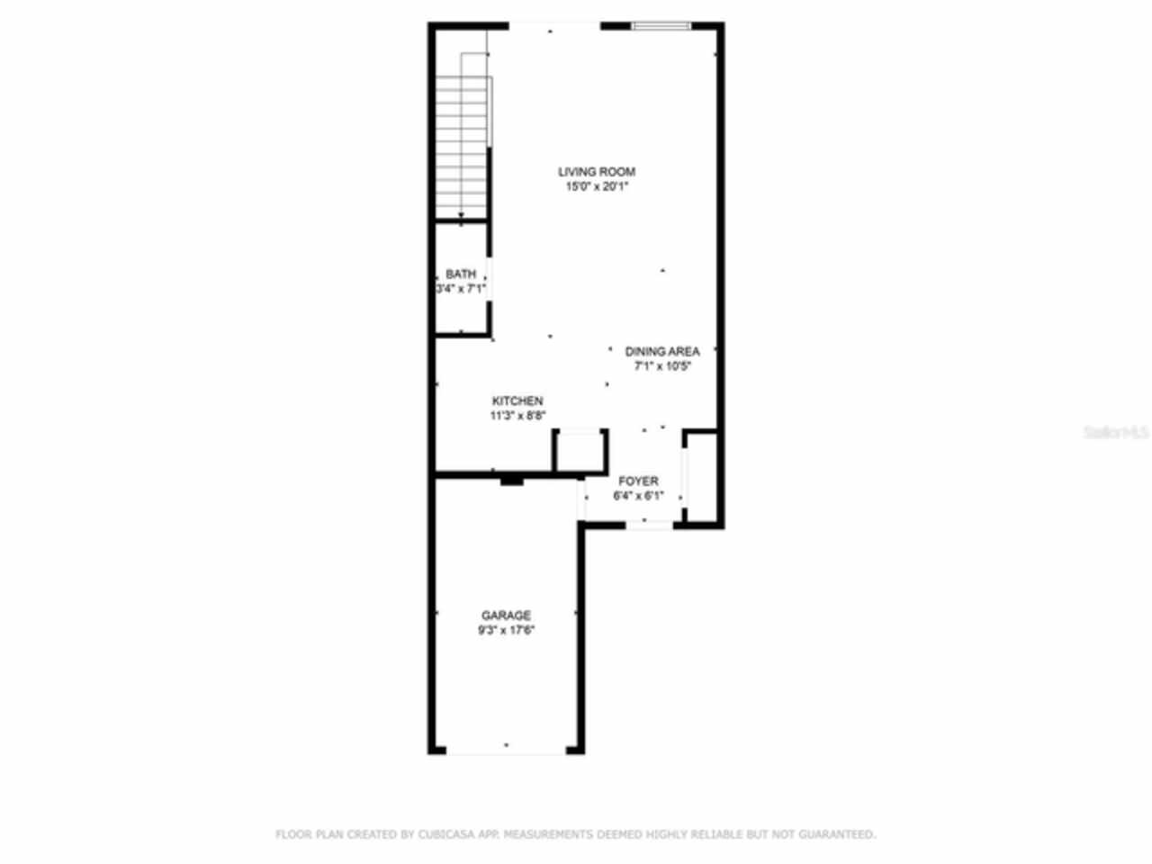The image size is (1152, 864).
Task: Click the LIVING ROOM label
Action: click(x=596, y=172)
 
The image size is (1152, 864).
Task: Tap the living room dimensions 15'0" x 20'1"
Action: click(x=596, y=187)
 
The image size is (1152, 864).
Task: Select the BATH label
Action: click(x=461, y=274)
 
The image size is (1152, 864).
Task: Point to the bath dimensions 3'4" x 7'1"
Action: click(x=461, y=290)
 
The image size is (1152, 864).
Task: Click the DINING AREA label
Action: click(x=662, y=352)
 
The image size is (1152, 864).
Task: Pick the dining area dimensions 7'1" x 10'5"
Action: click(x=662, y=366)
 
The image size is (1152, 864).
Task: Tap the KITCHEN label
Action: click(x=517, y=401)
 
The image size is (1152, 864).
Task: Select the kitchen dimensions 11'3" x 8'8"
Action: click(x=517, y=416)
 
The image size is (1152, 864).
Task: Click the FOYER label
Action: click(x=638, y=481)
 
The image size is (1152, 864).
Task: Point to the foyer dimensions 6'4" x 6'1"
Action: click(x=638, y=496)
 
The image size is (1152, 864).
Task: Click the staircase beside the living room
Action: click(x=463, y=144)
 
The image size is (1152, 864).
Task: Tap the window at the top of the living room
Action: click(x=661, y=26)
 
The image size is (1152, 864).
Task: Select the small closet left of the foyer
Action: click(x=578, y=452)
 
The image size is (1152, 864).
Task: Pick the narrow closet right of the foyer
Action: click(x=703, y=478)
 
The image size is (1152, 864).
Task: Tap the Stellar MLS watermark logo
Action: click(x=1116, y=433)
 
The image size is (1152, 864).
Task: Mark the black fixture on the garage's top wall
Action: click(x=511, y=481)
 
